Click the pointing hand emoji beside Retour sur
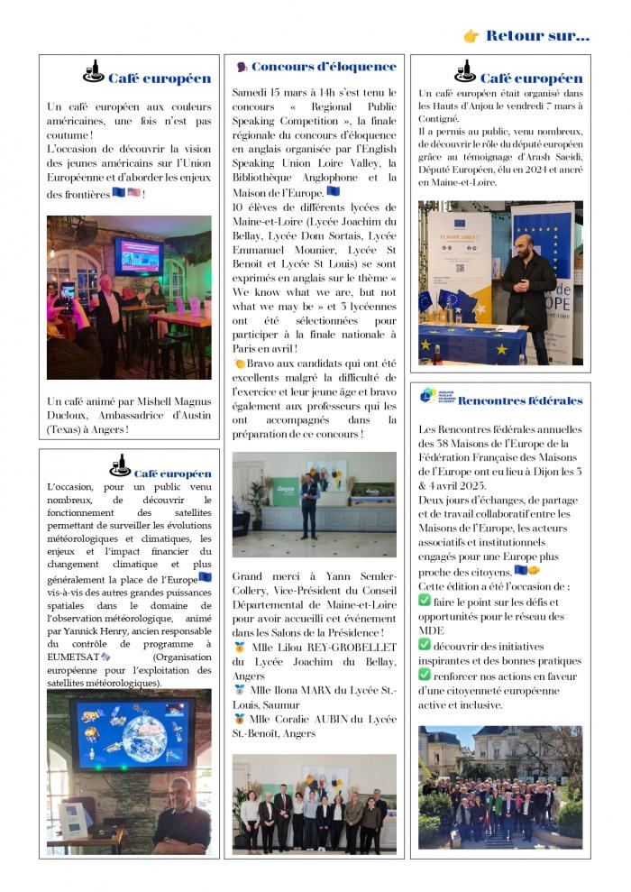pos(471,36)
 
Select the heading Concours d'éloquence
pos(324,67)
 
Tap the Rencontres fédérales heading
pos(520,400)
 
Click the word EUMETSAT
pos(74,657)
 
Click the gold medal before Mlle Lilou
pos(239,646)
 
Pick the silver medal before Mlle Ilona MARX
pos(239,690)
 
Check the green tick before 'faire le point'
pos(425,601)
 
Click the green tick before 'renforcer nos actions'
pos(425,675)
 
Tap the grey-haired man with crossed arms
pos(180,817)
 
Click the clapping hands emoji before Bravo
pos(239,363)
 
